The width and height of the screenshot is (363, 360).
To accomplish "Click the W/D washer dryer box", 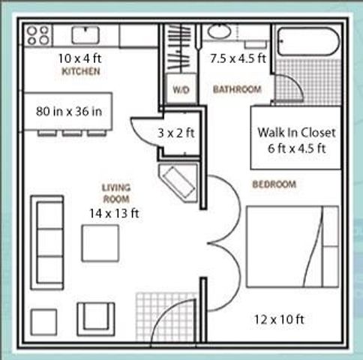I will [x=180, y=89].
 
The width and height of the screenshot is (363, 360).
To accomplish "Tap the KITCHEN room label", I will [x=81, y=72].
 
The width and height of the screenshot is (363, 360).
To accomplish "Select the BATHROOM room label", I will [x=237, y=90].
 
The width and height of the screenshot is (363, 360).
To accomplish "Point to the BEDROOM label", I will [x=274, y=184].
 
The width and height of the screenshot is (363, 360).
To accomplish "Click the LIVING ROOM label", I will [x=115, y=193].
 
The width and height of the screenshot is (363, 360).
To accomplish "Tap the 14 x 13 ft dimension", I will [x=114, y=213].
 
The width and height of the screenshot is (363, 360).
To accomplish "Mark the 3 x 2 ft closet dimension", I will [x=177, y=133].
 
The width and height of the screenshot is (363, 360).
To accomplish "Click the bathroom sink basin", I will [x=220, y=31].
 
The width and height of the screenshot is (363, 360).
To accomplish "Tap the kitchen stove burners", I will [x=38, y=35].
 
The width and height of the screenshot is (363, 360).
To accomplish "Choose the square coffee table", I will [x=100, y=243].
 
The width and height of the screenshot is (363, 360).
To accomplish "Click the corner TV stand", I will [x=178, y=181].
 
